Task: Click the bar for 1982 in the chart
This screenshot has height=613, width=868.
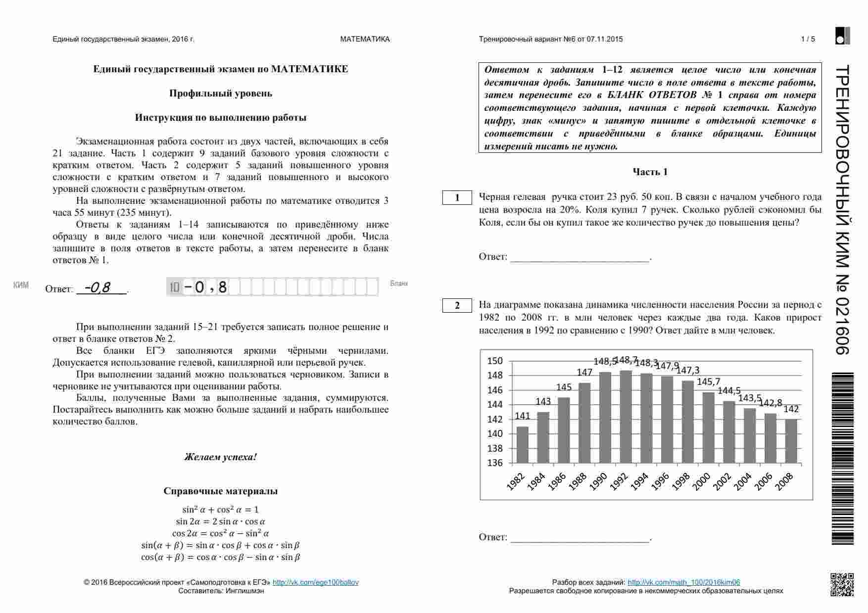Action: click(523, 444)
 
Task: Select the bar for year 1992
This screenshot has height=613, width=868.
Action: click(626, 417)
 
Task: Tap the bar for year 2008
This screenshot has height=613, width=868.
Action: click(791, 441)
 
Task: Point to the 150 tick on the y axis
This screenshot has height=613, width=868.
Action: click(495, 361)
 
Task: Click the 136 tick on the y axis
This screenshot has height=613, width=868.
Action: click(495, 463)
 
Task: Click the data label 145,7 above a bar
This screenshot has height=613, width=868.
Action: click(709, 381)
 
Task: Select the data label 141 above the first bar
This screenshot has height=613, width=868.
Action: click(523, 416)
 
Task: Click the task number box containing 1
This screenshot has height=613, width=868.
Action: click(457, 198)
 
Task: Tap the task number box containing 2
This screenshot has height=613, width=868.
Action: click(457, 306)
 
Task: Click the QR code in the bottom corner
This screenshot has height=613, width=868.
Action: click(842, 584)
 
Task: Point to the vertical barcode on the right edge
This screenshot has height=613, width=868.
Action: click(842, 458)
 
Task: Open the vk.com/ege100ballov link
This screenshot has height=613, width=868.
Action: click(316, 582)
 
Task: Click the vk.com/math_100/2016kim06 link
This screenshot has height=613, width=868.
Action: click(683, 582)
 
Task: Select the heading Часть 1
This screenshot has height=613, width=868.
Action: click(650, 172)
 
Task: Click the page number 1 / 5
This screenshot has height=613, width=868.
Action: click(808, 39)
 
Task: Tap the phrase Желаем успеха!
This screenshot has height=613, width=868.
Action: click(221, 457)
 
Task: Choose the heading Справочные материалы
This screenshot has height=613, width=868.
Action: click(221, 491)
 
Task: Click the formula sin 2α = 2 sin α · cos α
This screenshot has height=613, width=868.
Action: click(221, 521)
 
